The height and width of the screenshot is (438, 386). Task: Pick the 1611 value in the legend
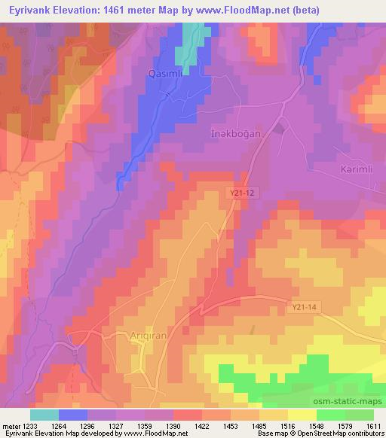click(x=373, y=426)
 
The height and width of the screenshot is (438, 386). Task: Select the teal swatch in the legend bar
click(x=44, y=415)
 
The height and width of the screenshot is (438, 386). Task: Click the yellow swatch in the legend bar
click(x=302, y=415)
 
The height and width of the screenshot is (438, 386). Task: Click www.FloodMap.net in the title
click(x=244, y=10)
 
